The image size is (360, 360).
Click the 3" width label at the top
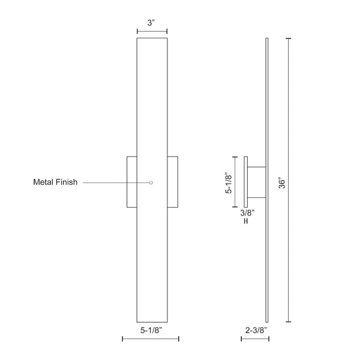click(152, 22)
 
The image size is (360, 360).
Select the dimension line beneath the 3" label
click(152, 32)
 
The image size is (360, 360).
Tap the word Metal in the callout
click(44, 182)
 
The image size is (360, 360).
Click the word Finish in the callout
click(66, 182)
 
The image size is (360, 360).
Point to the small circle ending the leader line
click(151, 182)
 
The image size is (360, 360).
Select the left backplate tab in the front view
click(131, 182)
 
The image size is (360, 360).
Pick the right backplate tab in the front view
click(173, 182)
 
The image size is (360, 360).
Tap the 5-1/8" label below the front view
click(151, 329)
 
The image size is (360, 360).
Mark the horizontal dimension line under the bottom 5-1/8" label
click(151, 340)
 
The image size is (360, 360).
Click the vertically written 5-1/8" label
click(227, 182)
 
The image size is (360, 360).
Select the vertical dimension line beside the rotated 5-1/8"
click(236, 182)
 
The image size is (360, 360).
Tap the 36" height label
click(281, 182)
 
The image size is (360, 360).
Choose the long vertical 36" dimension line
click(289, 180)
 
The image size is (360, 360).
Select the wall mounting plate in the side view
click(245, 182)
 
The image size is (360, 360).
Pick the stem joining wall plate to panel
click(257, 182)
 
